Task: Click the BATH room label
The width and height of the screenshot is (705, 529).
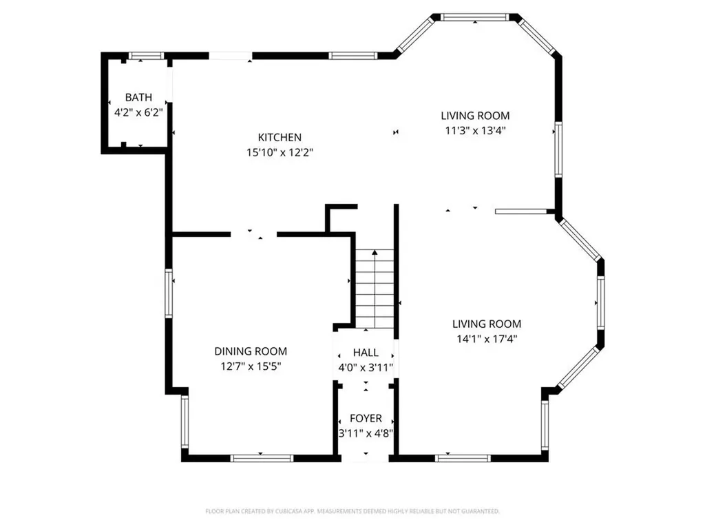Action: (x=138, y=98)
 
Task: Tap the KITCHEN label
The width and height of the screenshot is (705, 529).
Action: (x=280, y=138)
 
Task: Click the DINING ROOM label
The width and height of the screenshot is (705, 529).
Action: (x=251, y=351)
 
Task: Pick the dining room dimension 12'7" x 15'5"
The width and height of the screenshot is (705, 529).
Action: (x=251, y=366)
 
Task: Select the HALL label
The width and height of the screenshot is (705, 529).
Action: (x=366, y=353)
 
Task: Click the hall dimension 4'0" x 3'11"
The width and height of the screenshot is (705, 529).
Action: (x=366, y=368)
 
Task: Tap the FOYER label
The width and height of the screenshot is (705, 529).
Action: (x=366, y=419)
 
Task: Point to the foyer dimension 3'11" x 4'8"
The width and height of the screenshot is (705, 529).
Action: (x=366, y=433)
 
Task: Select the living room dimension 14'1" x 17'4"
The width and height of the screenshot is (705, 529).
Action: (x=486, y=338)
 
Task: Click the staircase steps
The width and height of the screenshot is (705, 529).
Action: (x=375, y=289)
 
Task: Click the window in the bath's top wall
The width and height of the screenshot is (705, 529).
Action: (x=146, y=56)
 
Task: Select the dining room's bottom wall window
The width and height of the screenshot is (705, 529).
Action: (x=262, y=457)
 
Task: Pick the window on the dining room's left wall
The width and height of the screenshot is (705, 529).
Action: (x=168, y=293)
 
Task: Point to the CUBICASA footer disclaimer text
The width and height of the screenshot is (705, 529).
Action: (x=352, y=511)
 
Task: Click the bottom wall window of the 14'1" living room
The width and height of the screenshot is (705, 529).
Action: (x=454, y=457)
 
